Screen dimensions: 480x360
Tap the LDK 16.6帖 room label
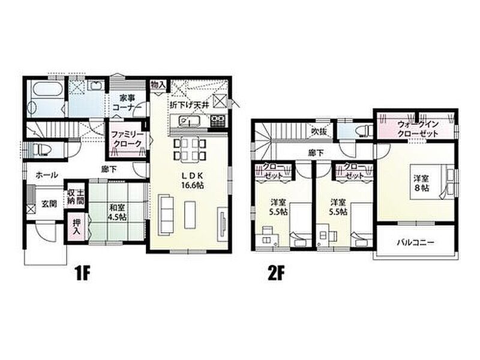click(193, 181)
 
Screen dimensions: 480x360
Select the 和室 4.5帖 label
click(117, 212)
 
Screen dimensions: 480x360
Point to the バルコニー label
click(415, 243)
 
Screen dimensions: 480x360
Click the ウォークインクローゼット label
click(418, 129)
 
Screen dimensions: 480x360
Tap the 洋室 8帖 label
click(422, 183)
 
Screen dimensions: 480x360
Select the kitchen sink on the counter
click(189, 121)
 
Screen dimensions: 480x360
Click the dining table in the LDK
click(190, 150)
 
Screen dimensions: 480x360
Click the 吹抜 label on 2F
click(319, 131)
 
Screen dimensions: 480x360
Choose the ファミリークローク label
click(127, 139)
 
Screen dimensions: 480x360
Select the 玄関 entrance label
click(49, 203)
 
